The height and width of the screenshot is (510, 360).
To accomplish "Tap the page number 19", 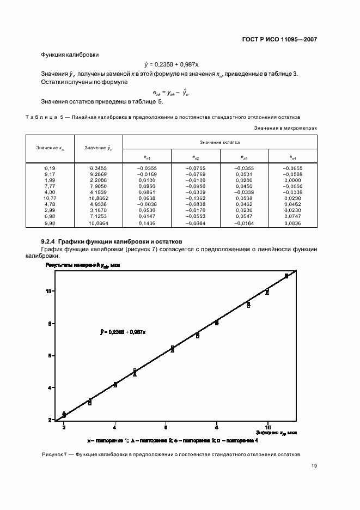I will [314, 466].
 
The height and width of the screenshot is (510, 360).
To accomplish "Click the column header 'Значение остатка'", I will [220, 142].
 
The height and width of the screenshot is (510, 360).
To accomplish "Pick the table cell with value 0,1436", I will [147, 223].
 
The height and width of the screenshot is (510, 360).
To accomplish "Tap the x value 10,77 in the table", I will [51, 199].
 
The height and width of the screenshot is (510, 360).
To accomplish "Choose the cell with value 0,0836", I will [292, 223].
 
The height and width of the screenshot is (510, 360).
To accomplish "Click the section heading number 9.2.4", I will [48, 241].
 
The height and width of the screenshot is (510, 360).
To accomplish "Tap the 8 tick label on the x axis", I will [216, 426].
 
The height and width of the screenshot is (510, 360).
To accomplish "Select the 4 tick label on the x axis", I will [115, 426].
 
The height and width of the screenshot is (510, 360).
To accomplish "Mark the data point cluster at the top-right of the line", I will [286, 276].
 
